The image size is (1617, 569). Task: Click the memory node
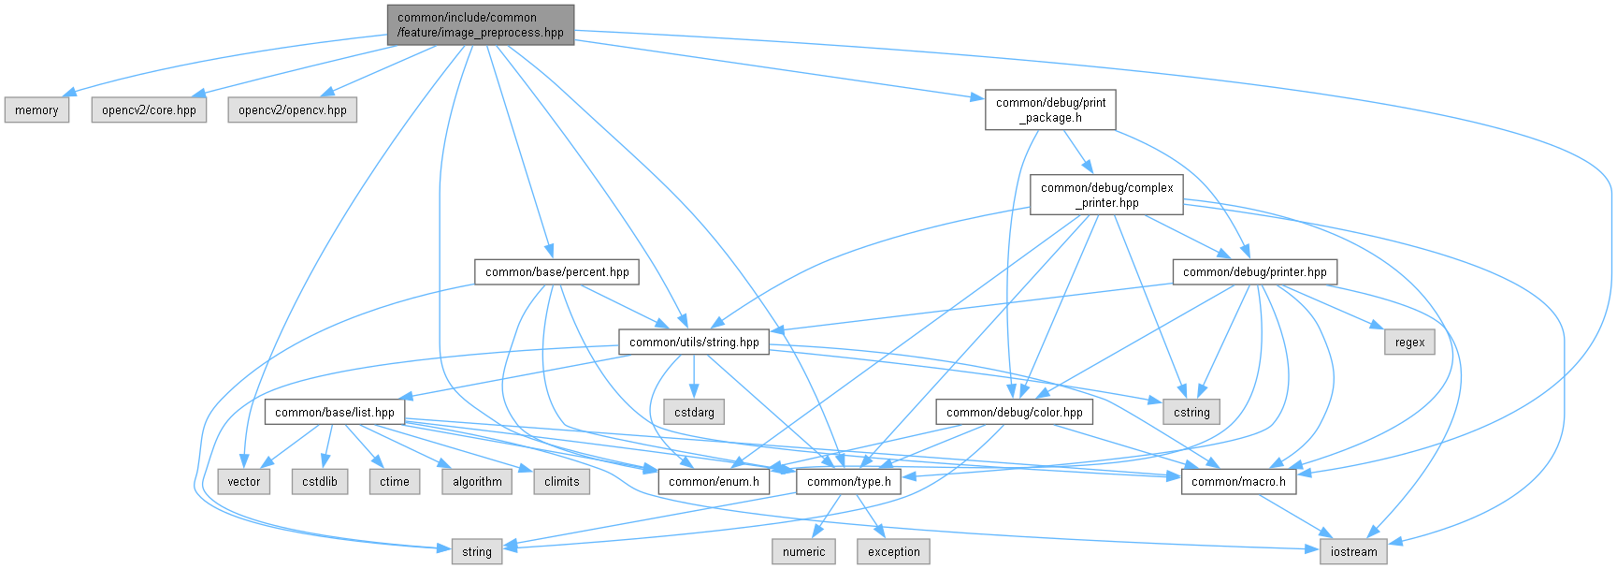[36, 110]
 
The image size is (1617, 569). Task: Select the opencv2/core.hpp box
[149, 110]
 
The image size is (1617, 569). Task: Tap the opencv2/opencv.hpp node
[292, 110]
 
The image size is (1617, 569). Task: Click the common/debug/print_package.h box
[1050, 109]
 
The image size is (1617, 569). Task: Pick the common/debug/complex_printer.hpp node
[1106, 195]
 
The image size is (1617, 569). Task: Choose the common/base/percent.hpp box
[556, 272]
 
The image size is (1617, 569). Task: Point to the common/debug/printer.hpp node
[1254, 272]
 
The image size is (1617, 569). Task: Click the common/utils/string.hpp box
[694, 343]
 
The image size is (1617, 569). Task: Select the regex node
[1409, 343]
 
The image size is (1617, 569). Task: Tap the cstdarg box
[694, 412]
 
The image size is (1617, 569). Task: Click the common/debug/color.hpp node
[1014, 412]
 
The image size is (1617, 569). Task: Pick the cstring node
[1191, 412]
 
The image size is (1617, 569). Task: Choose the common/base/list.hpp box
[334, 412]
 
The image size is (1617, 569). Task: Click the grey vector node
[244, 482]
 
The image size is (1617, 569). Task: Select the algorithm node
[477, 482]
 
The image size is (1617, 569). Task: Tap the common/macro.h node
[1238, 482]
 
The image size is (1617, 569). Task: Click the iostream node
[1353, 552]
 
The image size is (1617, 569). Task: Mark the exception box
[893, 552]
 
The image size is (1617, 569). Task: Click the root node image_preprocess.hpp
[481, 25]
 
